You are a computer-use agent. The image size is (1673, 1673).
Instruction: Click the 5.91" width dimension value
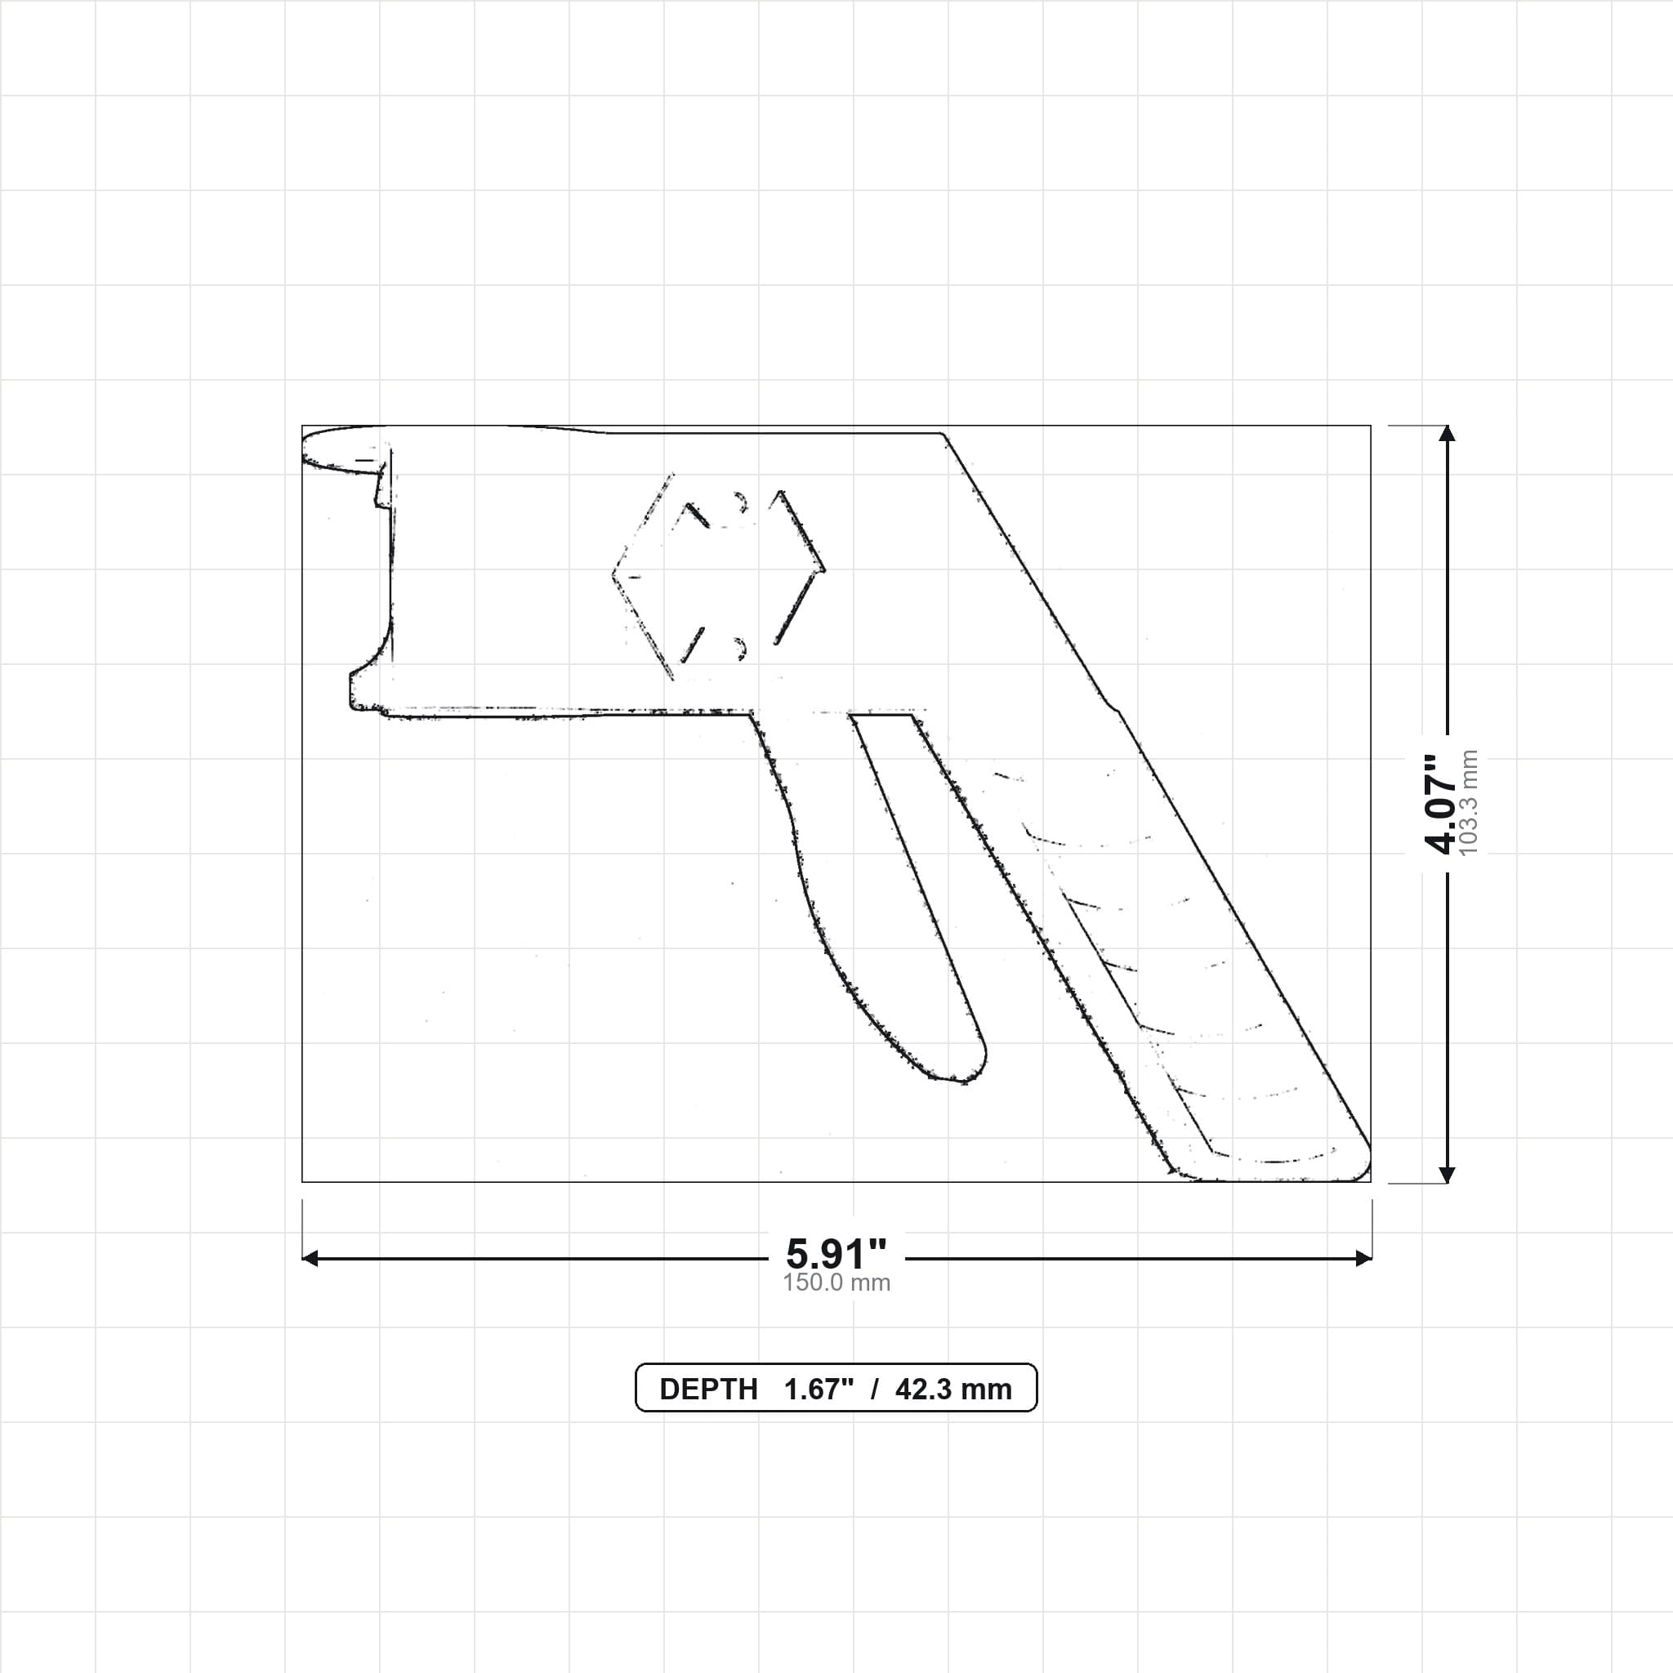(x=836, y=1253)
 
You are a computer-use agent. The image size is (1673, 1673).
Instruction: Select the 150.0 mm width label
(x=836, y=1283)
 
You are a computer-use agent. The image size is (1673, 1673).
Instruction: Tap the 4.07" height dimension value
(x=1442, y=804)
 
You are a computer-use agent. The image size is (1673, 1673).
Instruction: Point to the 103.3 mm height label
(x=1469, y=804)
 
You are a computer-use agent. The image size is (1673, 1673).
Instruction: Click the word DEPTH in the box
(x=708, y=1389)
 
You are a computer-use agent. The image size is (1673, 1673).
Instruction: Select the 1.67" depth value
(x=819, y=1389)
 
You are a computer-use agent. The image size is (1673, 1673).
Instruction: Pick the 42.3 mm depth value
(x=953, y=1389)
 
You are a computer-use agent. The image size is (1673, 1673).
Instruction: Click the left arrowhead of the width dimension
(x=310, y=1258)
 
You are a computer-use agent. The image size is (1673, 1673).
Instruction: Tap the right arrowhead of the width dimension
(x=1363, y=1258)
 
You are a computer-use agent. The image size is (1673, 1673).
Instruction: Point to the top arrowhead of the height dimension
(x=1447, y=433)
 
